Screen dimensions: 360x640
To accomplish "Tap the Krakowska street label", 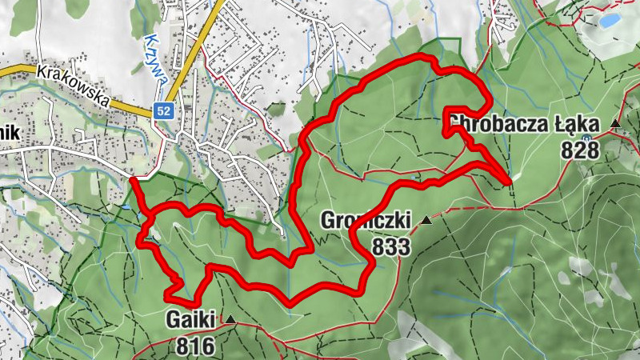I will pos(72,85).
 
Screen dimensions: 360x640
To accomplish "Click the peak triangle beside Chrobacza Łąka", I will pos(615,123).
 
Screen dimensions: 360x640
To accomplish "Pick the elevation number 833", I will pos(390,246).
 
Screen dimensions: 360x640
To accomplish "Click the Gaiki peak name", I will pos(192,320).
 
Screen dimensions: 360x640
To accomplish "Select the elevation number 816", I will pos(192,346).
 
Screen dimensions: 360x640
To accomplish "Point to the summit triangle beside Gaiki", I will pos(230,320).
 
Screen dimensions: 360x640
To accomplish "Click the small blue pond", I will pos(610,18).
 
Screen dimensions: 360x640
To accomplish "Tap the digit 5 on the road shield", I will pos(160,112).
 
